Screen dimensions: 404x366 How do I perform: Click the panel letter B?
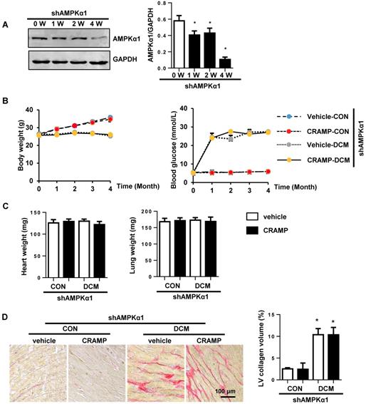click(6, 101)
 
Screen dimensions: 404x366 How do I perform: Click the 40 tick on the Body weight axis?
click(28, 109)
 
